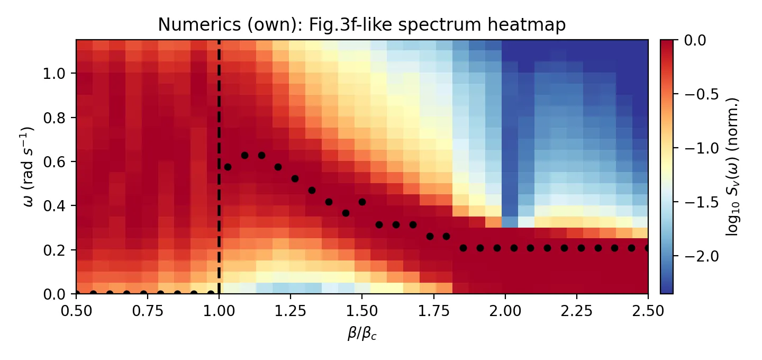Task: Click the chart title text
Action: point(362,24)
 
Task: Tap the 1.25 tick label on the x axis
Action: point(291,310)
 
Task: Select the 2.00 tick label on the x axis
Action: point(505,310)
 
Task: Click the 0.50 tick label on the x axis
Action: point(76,310)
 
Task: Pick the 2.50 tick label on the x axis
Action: point(648,310)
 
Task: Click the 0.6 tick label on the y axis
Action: point(59,161)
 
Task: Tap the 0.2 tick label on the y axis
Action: point(59,249)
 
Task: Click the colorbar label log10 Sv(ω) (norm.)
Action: point(732,166)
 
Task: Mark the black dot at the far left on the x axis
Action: point(77,293)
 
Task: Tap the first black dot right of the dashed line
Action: point(228,167)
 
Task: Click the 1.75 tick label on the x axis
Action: point(434,310)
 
